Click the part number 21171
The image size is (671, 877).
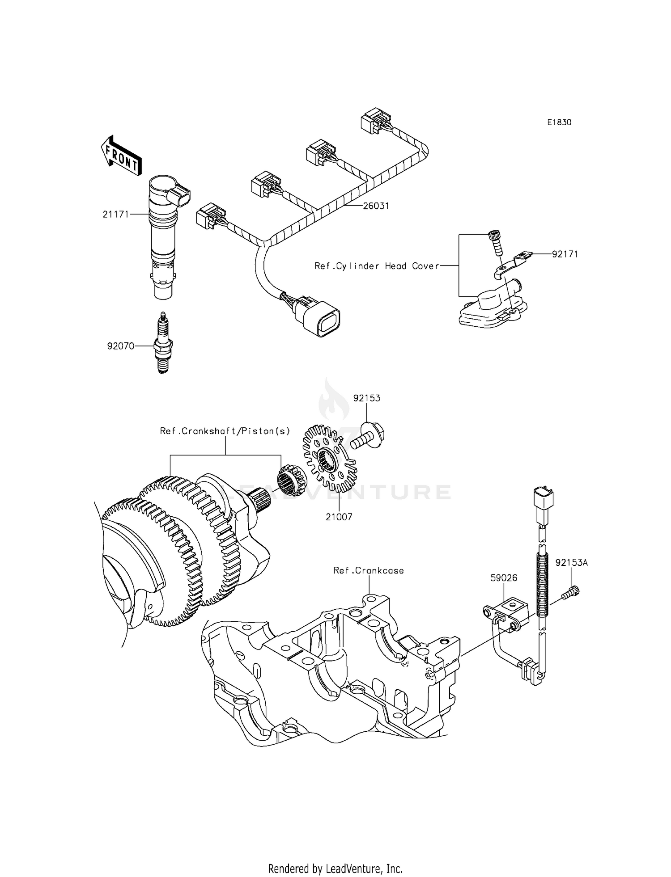(115, 215)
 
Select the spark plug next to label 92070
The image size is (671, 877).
(163, 343)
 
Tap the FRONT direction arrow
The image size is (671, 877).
(120, 155)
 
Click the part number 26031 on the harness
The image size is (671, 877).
(376, 206)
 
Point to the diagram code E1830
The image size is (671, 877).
(559, 122)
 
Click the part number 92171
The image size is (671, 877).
(565, 254)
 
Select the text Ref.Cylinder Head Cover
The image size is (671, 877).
(377, 266)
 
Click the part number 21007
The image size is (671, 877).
(339, 517)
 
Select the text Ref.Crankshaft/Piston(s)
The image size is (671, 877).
(225, 431)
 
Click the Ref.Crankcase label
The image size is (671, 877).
(369, 570)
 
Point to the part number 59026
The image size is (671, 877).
(504, 578)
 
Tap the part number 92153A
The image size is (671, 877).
(571, 563)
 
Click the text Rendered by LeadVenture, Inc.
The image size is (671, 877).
(335, 869)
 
